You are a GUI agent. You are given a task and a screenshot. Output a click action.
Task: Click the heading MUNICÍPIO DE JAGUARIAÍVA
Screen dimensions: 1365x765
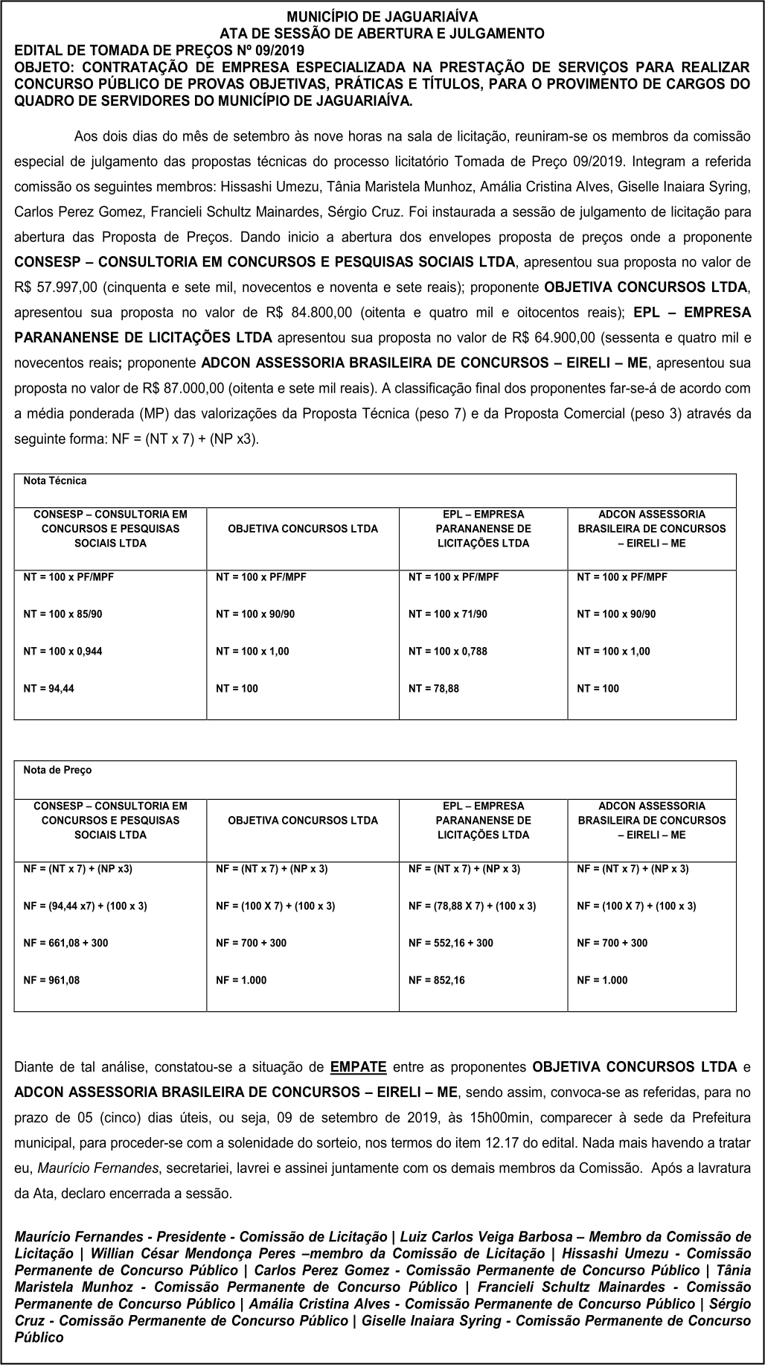(x=382, y=16)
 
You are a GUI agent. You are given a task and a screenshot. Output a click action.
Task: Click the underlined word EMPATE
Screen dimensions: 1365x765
(x=358, y=1066)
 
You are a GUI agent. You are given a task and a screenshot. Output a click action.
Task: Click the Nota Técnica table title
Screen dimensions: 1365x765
(x=54, y=481)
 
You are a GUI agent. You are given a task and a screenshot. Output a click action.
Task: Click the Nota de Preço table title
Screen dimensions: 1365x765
(x=57, y=770)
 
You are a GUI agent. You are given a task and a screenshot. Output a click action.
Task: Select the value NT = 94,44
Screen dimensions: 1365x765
(x=48, y=689)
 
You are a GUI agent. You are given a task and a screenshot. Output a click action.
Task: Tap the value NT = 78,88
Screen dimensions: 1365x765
(x=434, y=689)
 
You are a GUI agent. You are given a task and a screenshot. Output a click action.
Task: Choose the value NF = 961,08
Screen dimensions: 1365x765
(x=51, y=980)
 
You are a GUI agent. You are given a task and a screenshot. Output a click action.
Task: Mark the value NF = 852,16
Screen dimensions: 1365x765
(x=437, y=980)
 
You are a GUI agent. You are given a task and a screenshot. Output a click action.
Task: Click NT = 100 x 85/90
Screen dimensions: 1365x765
(x=63, y=614)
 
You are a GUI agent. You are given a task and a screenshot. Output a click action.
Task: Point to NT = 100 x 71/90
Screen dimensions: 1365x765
(x=448, y=614)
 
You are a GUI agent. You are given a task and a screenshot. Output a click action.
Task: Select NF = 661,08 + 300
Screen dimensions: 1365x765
(x=65, y=943)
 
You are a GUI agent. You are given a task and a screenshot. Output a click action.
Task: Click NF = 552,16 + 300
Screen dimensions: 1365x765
(x=451, y=943)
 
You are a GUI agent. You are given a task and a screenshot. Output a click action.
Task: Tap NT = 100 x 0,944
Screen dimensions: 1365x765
(x=63, y=652)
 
